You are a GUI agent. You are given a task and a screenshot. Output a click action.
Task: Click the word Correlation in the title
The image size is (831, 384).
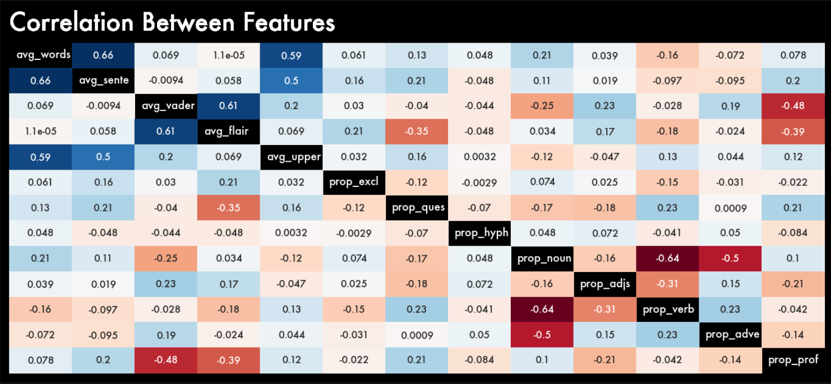(x=72, y=23)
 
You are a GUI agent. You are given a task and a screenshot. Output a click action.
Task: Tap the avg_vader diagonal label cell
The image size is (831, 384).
(x=165, y=106)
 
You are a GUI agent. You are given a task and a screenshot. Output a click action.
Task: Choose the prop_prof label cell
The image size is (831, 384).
(x=793, y=360)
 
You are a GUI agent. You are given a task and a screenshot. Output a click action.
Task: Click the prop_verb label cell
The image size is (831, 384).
(x=668, y=309)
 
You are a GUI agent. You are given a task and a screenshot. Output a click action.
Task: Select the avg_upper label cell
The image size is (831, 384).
(x=291, y=157)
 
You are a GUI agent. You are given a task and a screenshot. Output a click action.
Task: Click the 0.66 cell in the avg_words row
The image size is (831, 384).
(x=103, y=55)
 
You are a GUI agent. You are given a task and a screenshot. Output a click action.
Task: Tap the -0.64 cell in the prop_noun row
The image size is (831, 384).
(x=668, y=258)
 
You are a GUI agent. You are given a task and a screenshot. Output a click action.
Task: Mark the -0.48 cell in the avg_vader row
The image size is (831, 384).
(x=793, y=106)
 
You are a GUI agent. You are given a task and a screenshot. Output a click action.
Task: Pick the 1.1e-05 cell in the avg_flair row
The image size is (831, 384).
(x=40, y=132)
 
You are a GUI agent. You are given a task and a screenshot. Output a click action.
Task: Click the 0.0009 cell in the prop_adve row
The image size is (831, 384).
(x=417, y=335)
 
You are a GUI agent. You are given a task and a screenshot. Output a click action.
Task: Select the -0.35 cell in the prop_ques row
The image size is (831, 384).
(x=228, y=208)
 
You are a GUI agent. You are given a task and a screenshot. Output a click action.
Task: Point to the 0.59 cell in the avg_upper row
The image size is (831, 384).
(x=40, y=157)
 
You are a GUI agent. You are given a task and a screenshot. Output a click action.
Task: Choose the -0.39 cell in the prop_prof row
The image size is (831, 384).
(x=228, y=360)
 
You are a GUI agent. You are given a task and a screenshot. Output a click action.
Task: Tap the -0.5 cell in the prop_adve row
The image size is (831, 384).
(x=542, y=335)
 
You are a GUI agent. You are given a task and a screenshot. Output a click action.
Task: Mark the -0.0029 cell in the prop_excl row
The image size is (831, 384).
(x=479, y=182)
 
